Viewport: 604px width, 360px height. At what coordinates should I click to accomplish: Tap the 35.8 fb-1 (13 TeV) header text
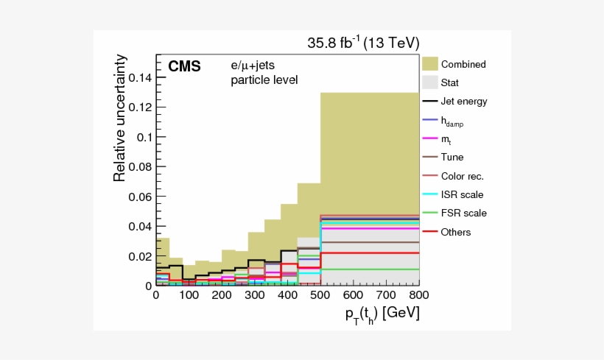(x=363, y=43)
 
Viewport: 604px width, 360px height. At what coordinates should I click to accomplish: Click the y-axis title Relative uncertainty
(x=120, y=118)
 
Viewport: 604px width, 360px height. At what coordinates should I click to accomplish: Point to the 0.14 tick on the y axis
(x=140, y=77)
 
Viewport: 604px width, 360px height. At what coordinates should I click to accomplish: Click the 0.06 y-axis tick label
(x=140, y=197)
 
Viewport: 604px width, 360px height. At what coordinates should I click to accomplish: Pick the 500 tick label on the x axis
(x=320, y=295)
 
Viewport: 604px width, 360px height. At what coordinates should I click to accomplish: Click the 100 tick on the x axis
(x=189, y=295)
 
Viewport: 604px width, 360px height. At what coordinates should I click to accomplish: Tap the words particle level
(x=264, y=80)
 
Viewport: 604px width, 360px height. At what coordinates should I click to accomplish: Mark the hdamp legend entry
(x=452, y=121)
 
